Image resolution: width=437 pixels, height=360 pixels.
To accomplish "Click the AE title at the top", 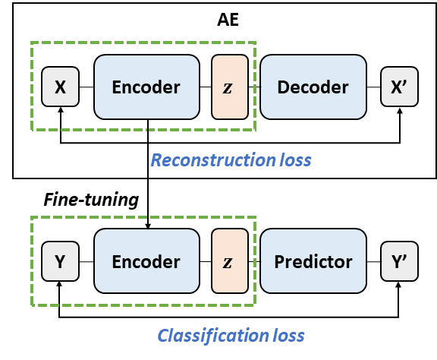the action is pyautogui.click(x=228, y=20).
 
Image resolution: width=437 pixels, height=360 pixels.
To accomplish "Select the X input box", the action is pyautogui.click(x=60, y=87).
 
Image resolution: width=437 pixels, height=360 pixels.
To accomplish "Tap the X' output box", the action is pyautogui.click(x=399, y=87).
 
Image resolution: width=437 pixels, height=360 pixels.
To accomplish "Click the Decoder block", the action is pyautogui.click(x=313, y=87).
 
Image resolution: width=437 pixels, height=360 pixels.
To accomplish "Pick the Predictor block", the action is pyautogui.click(x=313, y=261).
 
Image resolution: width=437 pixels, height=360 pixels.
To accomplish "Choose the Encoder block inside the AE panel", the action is pyautogui.click(x=146, y=87).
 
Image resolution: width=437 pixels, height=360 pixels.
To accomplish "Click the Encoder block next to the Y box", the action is pyautogui.click(x=146, y=261).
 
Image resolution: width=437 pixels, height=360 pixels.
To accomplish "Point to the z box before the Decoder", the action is pyautogui.click(x=230, y=87).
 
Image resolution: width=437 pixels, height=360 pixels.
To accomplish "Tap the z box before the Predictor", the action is pyautogui.click(x=230, y=261).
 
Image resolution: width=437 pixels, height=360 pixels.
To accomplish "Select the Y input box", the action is pyautogui.click(x=60, y=261).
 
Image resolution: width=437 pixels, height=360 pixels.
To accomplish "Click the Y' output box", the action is pyautogui.click(x=399, y=261).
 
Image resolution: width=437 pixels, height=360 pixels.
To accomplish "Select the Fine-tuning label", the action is pyautogui.click(x=91, y=200).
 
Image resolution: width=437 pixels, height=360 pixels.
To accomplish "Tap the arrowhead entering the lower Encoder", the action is pyautogui.click(x=148, y=226).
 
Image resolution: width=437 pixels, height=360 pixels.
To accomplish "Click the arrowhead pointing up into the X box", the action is pyautogui.click(x=61, y=109).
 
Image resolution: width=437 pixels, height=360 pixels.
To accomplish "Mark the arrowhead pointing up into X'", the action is pyautogui.click(x=400, y=111).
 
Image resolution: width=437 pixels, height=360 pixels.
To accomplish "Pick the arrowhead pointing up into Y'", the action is pyautogui.click(x=398, y=285).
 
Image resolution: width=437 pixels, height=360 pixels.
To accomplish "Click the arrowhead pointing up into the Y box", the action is pyautogui.click(x=59, y=284).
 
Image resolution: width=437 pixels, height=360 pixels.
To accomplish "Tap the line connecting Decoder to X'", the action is pyautogui.click(x=374, y=87).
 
